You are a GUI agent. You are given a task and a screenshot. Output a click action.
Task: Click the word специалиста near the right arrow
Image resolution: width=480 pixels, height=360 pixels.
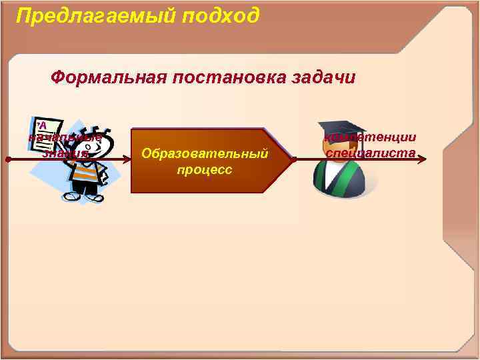(x=371, y=153)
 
